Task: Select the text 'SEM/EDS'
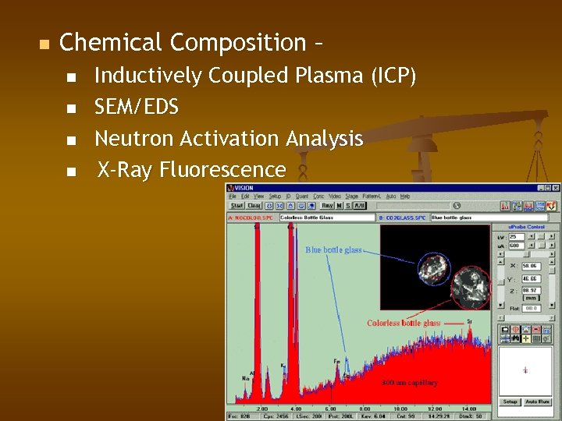(137, 107)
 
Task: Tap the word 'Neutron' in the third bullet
(133, 139)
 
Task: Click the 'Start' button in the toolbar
(237, 206)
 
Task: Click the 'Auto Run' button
(539, 402)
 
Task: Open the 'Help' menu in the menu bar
(405, 196)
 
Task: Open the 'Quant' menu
(302, 196)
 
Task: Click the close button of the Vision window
(556, 188)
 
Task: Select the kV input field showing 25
(515, 236)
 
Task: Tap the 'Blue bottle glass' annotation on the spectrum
(333, 250)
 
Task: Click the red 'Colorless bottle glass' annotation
(404, 323)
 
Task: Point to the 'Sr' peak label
(469, 321)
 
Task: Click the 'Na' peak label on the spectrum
(245, 377)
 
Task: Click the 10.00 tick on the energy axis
(400, 409)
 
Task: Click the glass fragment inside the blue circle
(432, 268)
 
